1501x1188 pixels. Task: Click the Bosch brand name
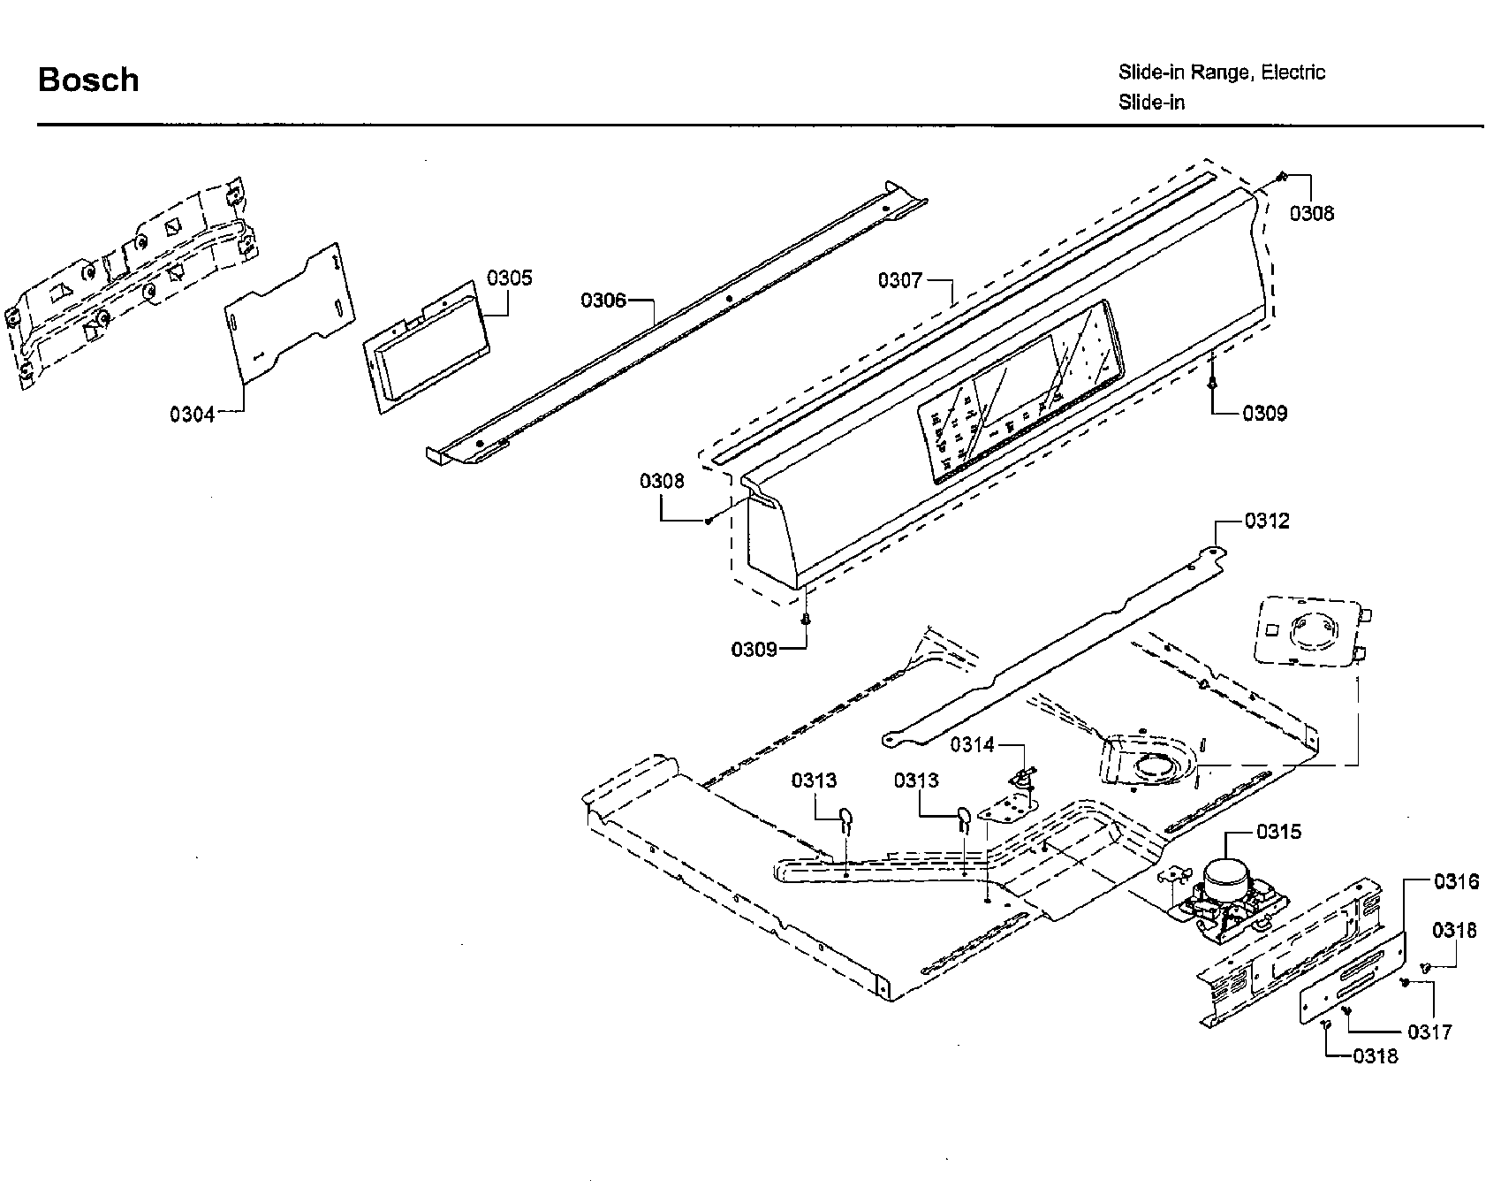(x=88, y=80)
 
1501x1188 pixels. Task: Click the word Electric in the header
(x=1293, y=72)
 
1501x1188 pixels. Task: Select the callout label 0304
(x=193, y=414)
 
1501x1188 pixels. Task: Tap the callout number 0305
(x=510, y=278)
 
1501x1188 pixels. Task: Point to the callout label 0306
(x=603, y=301)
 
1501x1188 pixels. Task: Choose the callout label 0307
(x=899, y=280)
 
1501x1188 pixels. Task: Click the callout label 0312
(x=1267, y=521)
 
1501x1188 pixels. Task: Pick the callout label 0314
(x=972, y=745)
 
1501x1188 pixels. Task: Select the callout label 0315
(x=1278, y=832)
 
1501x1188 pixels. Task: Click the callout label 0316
(x=1456, y=881)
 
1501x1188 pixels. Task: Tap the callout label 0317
(x=1429, y=1032)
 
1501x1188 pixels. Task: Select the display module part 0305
(x=423, y=347)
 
